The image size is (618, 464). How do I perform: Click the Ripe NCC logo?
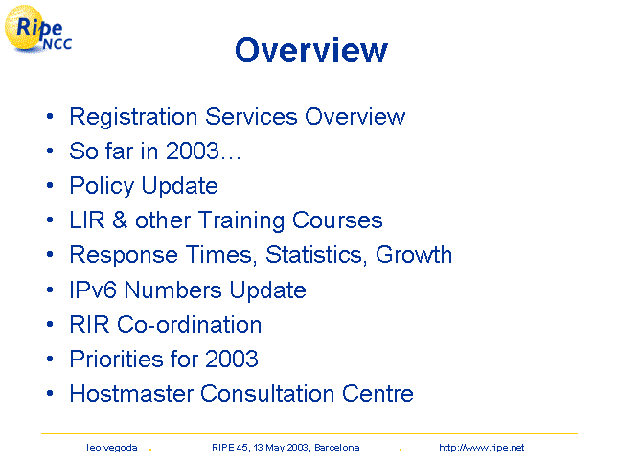coord(38,29)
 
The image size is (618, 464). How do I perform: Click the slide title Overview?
coord(311,50)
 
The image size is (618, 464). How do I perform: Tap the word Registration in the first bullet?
coord(133,117)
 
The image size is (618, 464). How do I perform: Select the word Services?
coord(251,117)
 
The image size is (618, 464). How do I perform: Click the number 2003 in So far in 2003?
coord(192,151)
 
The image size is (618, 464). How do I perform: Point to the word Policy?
coord(103,186)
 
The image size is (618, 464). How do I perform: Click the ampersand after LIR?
coord(120,220)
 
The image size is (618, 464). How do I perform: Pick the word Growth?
coord(414,254)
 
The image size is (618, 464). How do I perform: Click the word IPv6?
coord(93,290)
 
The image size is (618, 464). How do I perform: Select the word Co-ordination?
coord(189,324)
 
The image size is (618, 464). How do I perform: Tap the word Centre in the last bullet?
coord(378,393)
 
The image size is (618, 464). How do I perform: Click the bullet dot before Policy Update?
coord(50,185)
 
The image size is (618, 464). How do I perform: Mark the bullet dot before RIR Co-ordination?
coord(50,324)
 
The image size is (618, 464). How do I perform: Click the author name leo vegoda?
coord(112,448)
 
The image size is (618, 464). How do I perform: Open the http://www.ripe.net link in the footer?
coord(482,448)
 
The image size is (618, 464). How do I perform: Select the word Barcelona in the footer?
coord(337,448)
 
